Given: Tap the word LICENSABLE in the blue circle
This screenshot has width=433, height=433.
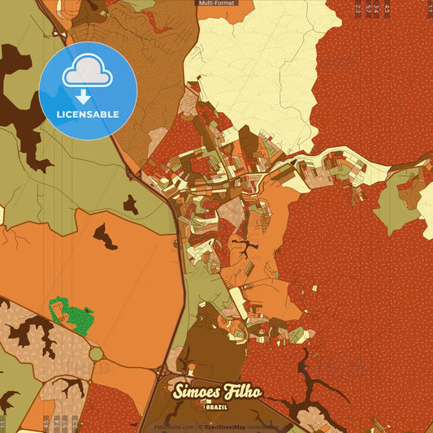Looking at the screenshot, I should pyautogui.click(x=88, y=115).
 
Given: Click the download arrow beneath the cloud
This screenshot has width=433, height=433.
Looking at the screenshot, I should pyautogui.click(x=83, y=97).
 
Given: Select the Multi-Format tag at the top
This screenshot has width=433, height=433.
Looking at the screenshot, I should pyautogui.click(x=216, y=3).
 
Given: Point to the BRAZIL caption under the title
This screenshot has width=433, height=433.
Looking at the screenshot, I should pyautogui.click(x=216, y=406).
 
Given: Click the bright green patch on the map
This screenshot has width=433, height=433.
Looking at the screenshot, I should pyautogui.click(x=71, y=315).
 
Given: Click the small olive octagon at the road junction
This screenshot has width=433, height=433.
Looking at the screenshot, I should pyautogui.click(x=97, y=354).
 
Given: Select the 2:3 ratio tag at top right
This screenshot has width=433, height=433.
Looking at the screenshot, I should pyautogui.click(x=357, y=9).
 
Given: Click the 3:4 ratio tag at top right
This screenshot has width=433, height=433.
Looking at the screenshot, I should pyautogui.click(x=378, y=9).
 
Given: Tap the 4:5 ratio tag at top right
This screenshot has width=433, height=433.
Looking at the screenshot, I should pyautogui.click(x=388, y=9).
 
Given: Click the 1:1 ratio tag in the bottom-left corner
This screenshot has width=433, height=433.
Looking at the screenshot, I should pyautogui.click(x=3, y=423).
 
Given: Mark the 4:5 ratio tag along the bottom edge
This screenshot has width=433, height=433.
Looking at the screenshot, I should pyautogui.click(x=45, y=423).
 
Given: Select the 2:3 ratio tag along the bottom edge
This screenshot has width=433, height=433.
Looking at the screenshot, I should pyautogui.click(x=76, y=423).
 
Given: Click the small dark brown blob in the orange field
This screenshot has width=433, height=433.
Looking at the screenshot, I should pyautogui.click(x=105, y=236).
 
